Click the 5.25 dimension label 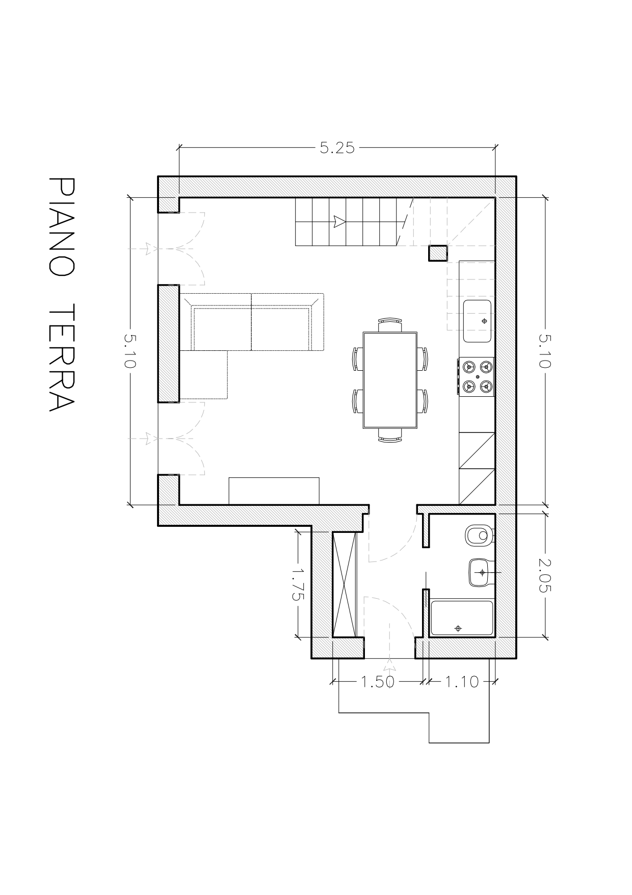tap(337, 148)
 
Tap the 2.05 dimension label tap(545, 575)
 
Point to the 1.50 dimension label tap(378, 681)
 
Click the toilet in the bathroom tap(479, 536)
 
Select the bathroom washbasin tap(479, 572)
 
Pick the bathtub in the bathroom tap(462, 618)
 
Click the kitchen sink tap(477, 321)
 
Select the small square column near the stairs tap(438, 253)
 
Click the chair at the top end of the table tap(390, 323)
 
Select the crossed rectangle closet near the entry tap(344, 583)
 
